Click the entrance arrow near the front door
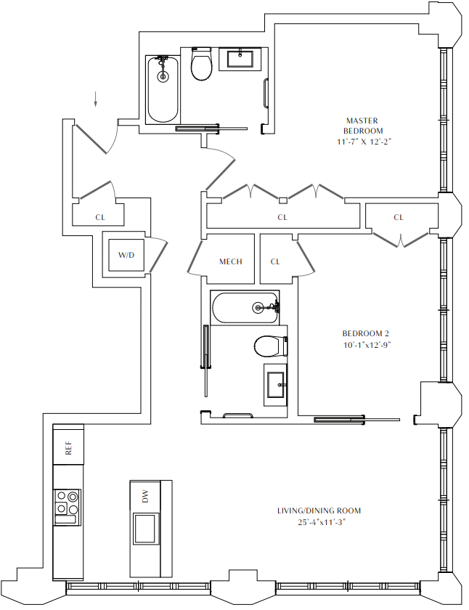point(94,99)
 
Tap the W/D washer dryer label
point(126,255)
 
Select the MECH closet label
point(230,261)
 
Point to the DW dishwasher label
point(145,497)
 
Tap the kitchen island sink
point(145,527)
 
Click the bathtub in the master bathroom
point(163,89)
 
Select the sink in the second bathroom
point(276,382)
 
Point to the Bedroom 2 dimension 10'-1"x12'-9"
point(367,346)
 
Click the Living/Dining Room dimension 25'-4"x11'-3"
point(319,522)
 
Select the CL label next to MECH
point(276,261)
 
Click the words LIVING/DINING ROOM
point(319,511)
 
